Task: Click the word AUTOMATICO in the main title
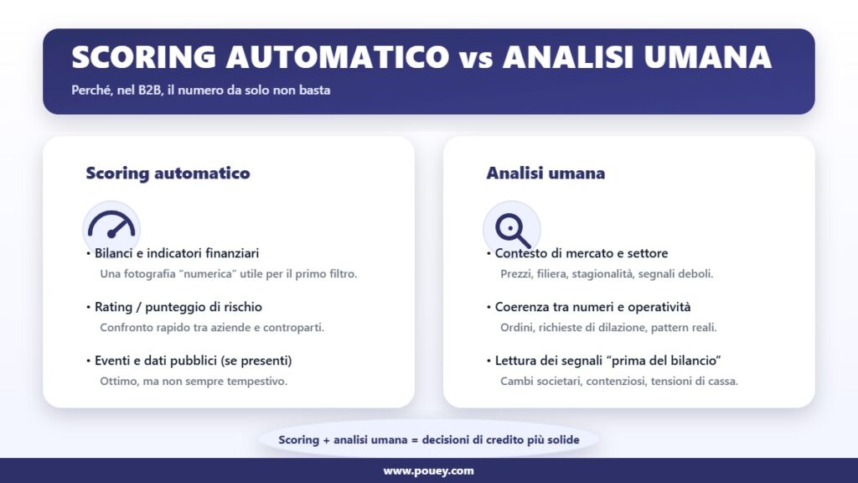(337, 57)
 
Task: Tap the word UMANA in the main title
(707, 57)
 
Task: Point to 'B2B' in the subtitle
(149, 90)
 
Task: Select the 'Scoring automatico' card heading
(168, 173)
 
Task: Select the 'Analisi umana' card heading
(545, 173)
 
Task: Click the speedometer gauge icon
(111, 225)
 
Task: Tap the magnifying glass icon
(513, 230)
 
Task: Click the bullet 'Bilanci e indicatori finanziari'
(177, 253)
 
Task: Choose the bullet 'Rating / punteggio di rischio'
(178, 307)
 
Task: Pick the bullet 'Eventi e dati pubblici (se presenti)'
(194, 361)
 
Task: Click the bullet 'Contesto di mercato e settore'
(581, 253)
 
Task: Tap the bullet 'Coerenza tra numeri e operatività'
(592, 307)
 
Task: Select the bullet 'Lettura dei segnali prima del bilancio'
(608, 361)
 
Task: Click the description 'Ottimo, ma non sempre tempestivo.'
(194, 382)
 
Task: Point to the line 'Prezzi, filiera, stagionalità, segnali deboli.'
(607, 274)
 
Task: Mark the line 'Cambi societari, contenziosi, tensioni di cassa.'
(619, 382)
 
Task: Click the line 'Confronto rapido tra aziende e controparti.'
(212, 328)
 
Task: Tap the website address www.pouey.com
(428, 471)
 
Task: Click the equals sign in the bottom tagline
(415, 439)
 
